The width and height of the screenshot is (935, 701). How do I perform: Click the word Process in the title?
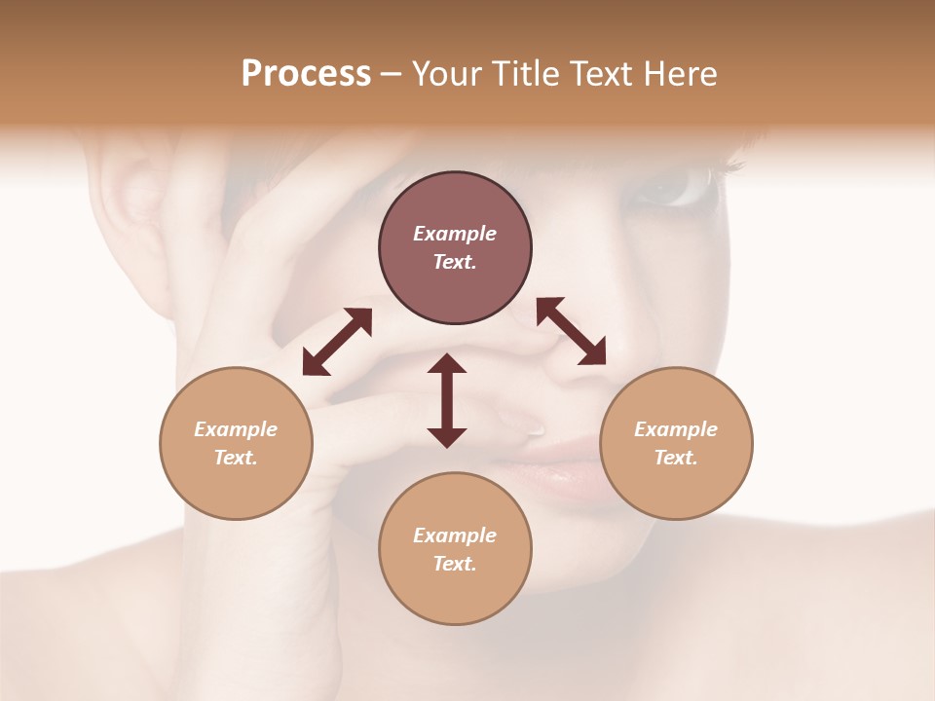(306, 74)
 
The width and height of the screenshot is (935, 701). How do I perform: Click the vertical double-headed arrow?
(447, 400)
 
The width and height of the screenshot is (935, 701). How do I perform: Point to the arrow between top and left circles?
(337, 342)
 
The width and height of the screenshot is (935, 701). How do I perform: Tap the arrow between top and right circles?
(571, 331)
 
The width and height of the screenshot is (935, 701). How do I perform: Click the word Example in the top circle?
(455, 234)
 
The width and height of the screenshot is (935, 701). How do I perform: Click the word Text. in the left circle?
(236, 458)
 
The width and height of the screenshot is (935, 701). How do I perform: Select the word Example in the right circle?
(676, 429)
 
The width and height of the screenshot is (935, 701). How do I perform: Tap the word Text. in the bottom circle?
(455, 564)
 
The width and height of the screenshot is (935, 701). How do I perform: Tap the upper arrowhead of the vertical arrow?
(447, 363)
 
